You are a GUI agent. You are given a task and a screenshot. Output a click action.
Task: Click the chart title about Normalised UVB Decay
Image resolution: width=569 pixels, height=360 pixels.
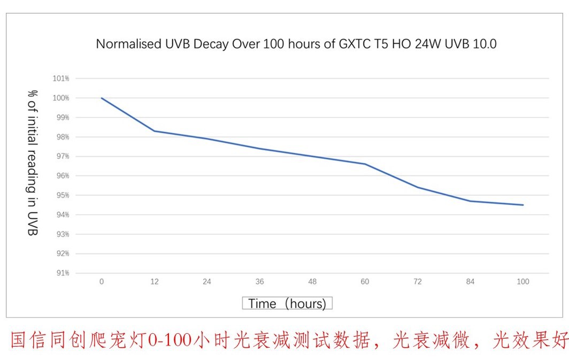[296, 44]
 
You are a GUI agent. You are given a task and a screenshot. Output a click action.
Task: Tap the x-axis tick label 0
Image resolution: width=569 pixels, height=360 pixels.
[102, 282]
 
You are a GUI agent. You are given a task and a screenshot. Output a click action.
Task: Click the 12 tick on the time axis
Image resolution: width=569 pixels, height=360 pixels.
[154, 282]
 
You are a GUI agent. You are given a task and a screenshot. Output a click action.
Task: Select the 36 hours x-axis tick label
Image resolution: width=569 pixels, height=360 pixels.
[259, 282]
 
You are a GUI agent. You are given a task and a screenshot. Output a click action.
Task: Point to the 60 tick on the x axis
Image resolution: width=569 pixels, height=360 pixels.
[365, 282]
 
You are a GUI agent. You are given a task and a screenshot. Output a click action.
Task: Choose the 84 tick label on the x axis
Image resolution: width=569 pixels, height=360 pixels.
[470, 282]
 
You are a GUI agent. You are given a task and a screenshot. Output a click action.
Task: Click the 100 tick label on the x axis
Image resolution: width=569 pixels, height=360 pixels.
[523, 282]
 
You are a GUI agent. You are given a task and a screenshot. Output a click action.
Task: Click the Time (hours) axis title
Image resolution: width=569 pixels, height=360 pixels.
[287, 304]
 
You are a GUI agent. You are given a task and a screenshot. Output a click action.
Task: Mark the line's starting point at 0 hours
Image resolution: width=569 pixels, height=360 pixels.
[102, 98]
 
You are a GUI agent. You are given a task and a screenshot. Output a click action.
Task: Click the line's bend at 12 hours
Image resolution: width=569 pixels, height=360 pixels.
[154, 131]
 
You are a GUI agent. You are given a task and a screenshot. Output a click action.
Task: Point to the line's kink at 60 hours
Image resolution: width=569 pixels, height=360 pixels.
[365, 164]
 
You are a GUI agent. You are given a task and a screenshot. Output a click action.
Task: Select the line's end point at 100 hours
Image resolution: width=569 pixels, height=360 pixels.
[523, 205]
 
